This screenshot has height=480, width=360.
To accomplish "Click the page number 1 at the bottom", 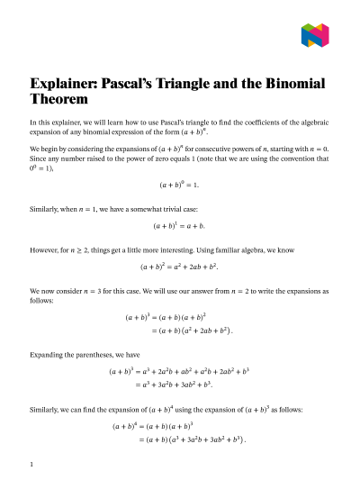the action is click(31, 465).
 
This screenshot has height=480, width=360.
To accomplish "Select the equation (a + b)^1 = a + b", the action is click(179, 226).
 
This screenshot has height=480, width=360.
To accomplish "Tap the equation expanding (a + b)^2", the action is click(179, 267).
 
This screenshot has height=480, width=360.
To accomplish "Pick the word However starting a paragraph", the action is click(47, 247).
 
